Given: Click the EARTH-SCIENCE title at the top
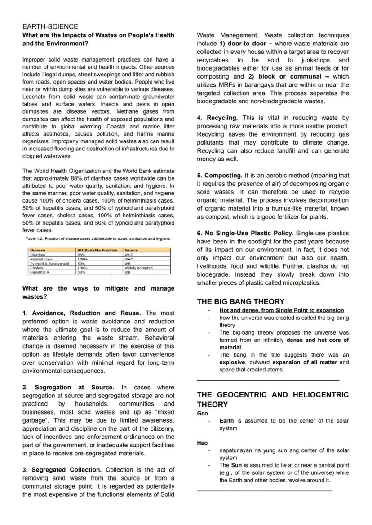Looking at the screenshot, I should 50,26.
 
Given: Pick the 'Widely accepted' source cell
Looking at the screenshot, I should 138,268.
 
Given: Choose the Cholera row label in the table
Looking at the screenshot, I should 36,268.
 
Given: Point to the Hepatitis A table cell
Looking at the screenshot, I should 39,272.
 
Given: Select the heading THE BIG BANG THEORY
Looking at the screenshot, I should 240,301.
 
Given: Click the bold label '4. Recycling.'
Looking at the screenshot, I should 217,118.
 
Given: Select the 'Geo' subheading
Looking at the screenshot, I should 202,413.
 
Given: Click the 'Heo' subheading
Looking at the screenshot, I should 202,443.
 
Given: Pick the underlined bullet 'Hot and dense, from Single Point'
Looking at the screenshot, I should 281,310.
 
